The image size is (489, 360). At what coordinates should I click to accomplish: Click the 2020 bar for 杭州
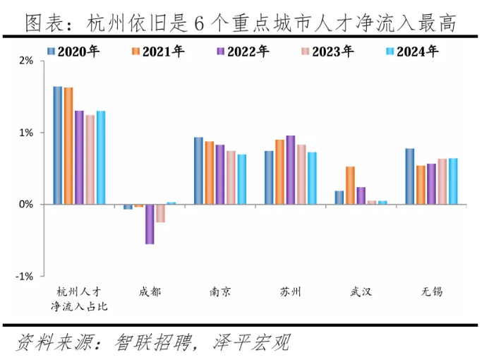[58, 145]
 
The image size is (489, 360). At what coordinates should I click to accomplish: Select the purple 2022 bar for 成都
[150, 224]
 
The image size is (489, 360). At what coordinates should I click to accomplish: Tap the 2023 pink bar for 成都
[161, 213]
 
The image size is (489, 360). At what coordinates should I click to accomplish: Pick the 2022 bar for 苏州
[291, 170]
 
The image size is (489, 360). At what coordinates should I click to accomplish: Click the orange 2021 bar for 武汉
[350, 186]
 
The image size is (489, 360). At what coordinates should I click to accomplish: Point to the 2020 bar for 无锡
[410, 176]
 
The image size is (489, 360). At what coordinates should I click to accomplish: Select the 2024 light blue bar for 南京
[242, 179]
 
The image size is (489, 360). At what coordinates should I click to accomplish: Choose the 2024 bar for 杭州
[101, 157]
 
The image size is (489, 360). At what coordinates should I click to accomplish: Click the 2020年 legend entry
[73, 51]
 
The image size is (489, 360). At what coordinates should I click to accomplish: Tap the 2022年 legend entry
[243, 51]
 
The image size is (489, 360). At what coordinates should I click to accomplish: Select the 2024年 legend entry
[412, 51]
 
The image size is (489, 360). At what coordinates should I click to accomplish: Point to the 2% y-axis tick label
[26, 61]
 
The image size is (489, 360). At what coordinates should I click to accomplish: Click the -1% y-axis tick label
[24, 276]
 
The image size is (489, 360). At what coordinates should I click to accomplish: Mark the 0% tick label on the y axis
[26, 204]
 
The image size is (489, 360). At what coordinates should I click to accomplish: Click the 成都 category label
[150, 292]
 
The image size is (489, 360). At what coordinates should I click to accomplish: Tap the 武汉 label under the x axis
[361, 292]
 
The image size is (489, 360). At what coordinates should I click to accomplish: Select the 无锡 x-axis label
[432, 292]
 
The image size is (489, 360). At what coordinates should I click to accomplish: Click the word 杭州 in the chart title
[106, 23]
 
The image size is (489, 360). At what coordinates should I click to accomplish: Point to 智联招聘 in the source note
[153, 342]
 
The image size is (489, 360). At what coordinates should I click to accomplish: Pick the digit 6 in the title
[199, 23]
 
